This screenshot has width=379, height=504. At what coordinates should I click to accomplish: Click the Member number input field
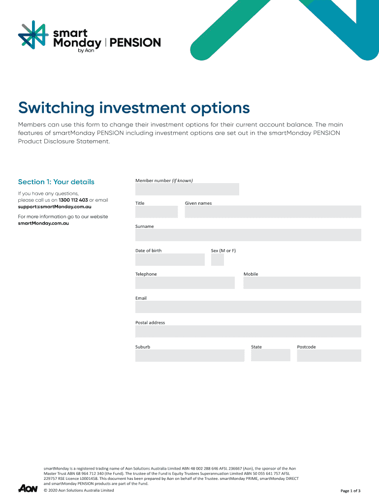[187, 189]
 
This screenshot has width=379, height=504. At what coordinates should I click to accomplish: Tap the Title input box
[157, 212]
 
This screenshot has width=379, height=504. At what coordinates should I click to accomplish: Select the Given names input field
[273, 212]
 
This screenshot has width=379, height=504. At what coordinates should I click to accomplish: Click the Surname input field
[248, 235]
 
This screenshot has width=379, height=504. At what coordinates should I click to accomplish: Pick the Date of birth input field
[170, 259]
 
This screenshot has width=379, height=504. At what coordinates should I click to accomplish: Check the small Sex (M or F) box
[217, 259]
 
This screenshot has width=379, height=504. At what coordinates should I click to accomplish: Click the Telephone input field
[185, 283]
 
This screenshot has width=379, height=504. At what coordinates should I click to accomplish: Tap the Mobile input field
[302, 283]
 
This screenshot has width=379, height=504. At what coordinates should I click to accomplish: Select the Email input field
[248, 307]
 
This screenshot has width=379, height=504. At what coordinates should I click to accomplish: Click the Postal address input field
[248, 331]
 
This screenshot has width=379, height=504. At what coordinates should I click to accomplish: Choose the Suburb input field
[189, 355]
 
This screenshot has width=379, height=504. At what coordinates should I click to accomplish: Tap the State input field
[270, 355]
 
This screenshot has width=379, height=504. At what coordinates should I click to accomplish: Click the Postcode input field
[329, 355]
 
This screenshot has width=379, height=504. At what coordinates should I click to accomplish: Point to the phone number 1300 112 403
[73, 200]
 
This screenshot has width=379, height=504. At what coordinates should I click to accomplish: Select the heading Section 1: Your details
[56, 182]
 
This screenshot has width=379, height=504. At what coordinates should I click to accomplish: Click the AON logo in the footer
[28, 488]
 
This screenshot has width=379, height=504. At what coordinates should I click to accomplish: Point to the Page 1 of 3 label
[350, 491]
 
